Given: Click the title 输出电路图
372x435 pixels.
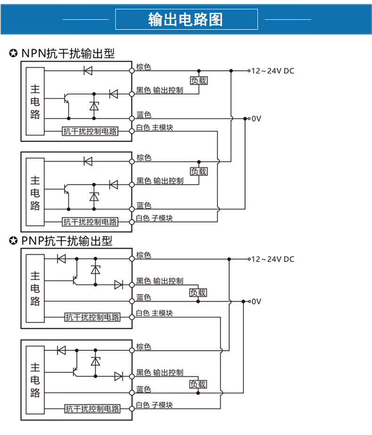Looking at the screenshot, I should [x=186, y=19].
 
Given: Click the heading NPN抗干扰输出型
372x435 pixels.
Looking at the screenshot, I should [x=68, y=53].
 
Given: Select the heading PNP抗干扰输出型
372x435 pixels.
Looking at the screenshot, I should [x=67, y=242].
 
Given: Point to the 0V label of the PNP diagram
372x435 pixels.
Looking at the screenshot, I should [x=257, y=301].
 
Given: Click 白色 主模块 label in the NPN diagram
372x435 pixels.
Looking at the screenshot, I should [x=154, y=128].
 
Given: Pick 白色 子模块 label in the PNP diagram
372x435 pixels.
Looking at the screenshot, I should [x=154, y=405].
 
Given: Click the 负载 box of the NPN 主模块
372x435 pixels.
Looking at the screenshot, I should [x=198, y=81].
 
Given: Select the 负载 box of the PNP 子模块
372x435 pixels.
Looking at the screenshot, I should [x=198, y=384].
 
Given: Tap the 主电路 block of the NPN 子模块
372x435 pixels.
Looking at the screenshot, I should [x=35, y=193].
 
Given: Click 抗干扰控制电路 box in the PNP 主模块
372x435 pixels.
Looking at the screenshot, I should [x=92, y=317].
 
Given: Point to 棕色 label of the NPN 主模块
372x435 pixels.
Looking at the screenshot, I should [x=144, y=67].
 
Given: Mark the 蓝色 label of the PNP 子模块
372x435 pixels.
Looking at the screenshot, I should [x=144, y=389].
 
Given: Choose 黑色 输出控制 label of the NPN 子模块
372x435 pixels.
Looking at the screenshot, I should [x=160, y=181].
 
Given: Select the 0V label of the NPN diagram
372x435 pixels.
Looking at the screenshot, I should [x=257, y=119].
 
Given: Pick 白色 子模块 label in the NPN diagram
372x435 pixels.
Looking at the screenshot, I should [x=154, y=218].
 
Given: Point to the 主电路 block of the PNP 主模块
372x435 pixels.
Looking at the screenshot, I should [x=35, y=288].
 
